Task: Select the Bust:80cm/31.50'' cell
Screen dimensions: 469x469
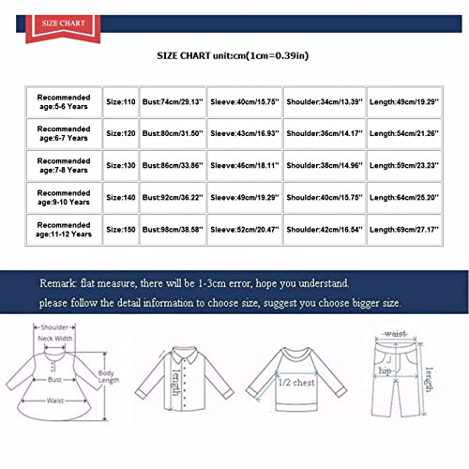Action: click(173, 130)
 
